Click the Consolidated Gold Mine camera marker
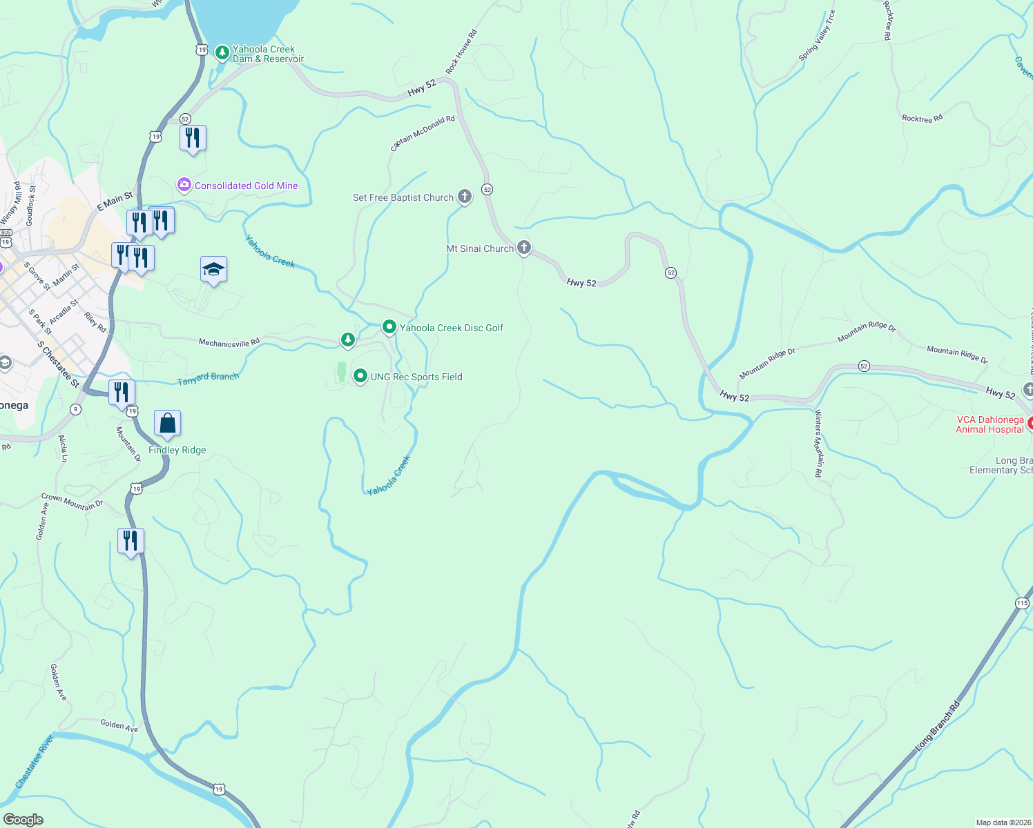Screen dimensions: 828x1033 pyautogui.click(x=184, y=184)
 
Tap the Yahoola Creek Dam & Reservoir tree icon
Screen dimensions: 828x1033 pyautogui.click(x=222, y=52)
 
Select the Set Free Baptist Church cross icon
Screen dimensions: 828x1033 pyautogui.click(x=465, y=197)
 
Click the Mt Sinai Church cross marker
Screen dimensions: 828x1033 pyautogui.click(x=524, y=247)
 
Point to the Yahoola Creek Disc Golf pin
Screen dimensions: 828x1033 pyautogui.click(x=389, y=327)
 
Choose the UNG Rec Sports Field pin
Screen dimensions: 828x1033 pyautogui.click(x=360, y=376)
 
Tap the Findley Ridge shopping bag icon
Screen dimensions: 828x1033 pyautogui.click(x=167, y=424)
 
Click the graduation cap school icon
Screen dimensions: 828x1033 pyautogui.click(x=213, y=270)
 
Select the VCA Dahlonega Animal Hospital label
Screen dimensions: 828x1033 pyautogui.click(x=989, y=424)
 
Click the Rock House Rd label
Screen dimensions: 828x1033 pyautogui.click(x=461, y=52)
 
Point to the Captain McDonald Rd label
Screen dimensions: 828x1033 pyautogui.click(x=423, y=133)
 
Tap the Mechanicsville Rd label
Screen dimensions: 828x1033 pyautogui.click(x=229, y=342)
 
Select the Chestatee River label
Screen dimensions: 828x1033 pyautogui.click(x=35, y=762)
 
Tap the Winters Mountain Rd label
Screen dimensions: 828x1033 pyautogui.click(x=818, y=444)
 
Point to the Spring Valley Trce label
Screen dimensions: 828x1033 pyautogui.click(x=818, y=36)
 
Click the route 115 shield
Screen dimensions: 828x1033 pyautogui.click(x=1023, y=603)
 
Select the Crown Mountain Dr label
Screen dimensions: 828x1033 pyautogui.click(x=72, y=502)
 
